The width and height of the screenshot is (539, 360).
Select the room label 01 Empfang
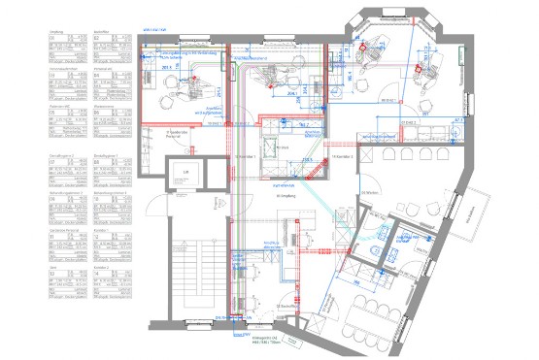[x=270, y=194]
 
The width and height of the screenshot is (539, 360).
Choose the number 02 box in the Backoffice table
[x=98, y=39]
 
